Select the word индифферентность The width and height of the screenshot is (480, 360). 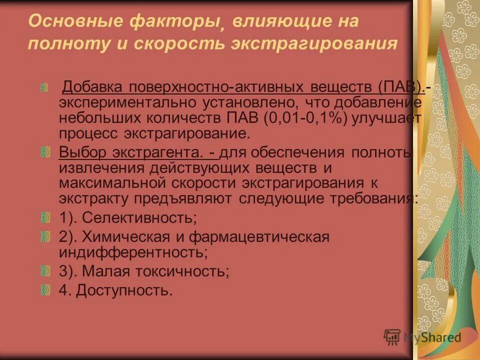(x=133, y=252)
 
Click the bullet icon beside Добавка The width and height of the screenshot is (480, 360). (x=44, y=88)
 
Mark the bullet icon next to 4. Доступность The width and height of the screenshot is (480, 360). (x=45, y=289)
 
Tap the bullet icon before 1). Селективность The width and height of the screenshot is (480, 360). (x=45, y=217)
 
